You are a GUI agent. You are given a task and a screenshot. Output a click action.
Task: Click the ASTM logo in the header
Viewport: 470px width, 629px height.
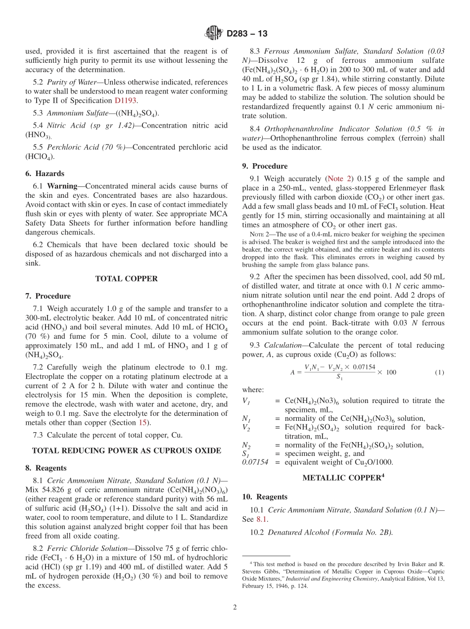tap(214, 33)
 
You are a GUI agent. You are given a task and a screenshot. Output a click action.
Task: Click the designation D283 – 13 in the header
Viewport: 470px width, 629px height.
tap(247, 34)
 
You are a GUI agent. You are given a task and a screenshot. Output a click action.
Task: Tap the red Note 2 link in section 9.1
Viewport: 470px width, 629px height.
tap(339, 179)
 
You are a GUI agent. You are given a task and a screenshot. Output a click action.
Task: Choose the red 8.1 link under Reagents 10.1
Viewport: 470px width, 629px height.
tap(262, 519)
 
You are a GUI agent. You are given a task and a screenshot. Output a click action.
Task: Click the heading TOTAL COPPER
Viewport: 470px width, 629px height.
tap(126, 279)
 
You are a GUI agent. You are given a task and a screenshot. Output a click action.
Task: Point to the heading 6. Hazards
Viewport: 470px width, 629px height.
tap(45, 174)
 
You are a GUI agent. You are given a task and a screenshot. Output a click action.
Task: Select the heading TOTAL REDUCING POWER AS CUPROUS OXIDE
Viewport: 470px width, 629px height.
tap(126, 450)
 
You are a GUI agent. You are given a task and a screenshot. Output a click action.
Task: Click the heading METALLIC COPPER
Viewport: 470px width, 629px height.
tap(343, 478)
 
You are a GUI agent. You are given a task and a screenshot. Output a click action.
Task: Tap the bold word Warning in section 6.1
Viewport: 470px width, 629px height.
tap(62, 186)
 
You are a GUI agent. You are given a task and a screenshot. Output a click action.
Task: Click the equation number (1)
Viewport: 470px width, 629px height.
tap(439, 372)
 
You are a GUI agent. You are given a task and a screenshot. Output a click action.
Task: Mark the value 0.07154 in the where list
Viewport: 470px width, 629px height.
tap(255, 462)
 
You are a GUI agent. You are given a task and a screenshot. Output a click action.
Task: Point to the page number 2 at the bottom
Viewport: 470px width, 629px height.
tap(235, 607)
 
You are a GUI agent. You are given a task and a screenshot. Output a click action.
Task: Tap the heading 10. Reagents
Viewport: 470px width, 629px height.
tap(265, 496)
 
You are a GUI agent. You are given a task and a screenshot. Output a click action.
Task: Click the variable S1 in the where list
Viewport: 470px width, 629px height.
tap(245, 454)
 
